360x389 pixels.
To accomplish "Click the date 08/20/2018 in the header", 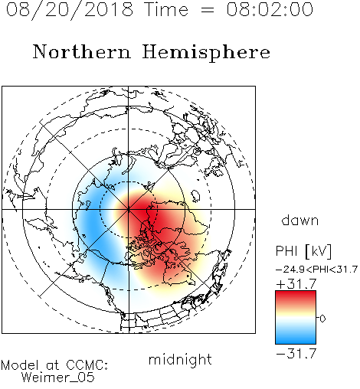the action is tap(70, 10).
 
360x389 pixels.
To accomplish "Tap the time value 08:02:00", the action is tap(270, 9).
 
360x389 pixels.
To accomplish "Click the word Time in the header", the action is tap(166, 9).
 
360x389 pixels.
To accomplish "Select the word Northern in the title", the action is tap(82, 51).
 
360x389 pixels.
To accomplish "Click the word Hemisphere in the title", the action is tap(206, 53).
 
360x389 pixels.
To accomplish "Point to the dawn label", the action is tap(300, 220).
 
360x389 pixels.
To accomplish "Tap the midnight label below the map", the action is tap(180, 359).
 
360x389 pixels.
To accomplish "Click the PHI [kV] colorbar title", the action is tap(303, 251).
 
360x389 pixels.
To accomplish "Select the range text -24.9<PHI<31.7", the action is tap(316, 270).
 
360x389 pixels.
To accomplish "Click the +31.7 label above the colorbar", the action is tap(296, 284).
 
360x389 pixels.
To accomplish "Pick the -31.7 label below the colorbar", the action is tap(296, 354).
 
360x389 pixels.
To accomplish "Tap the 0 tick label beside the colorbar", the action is tap(322, 319).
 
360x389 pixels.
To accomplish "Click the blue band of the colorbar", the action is tap(296, 337).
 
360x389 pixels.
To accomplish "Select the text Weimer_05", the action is tap(58, 378).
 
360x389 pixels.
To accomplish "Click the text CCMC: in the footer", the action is tap(87, 365).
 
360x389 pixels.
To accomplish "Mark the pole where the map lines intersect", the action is tap(129, 209).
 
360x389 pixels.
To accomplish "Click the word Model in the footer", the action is tap(20, 365).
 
